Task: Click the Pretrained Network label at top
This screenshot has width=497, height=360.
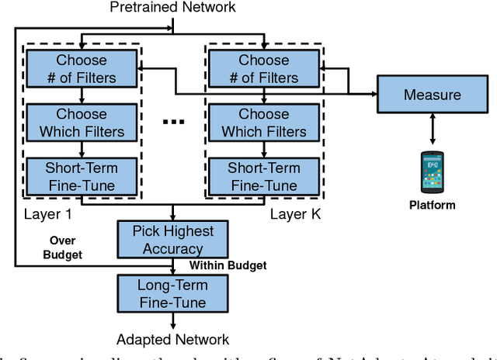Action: click(172, 8)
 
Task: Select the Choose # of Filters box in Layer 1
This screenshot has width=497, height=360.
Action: click(82, 67)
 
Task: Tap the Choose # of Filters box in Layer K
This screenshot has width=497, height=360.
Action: click(263, 67)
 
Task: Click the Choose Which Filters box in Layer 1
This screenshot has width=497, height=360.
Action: click(82, 123)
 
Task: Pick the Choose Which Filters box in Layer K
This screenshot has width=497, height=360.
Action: click(263, 123)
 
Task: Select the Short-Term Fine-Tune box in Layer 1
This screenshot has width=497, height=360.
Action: click(82, 177)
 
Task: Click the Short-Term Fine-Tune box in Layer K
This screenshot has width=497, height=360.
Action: click(263, 177)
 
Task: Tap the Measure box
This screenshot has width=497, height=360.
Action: click(433, 95)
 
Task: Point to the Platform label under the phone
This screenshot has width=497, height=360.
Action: click(433, 206)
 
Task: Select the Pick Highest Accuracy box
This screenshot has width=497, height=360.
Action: click(172, 240)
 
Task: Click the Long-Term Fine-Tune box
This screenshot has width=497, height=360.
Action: click(172, 294)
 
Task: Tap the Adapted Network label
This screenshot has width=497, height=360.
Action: click(172, 340)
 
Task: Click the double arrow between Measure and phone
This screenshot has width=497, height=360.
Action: click(433, 130)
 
